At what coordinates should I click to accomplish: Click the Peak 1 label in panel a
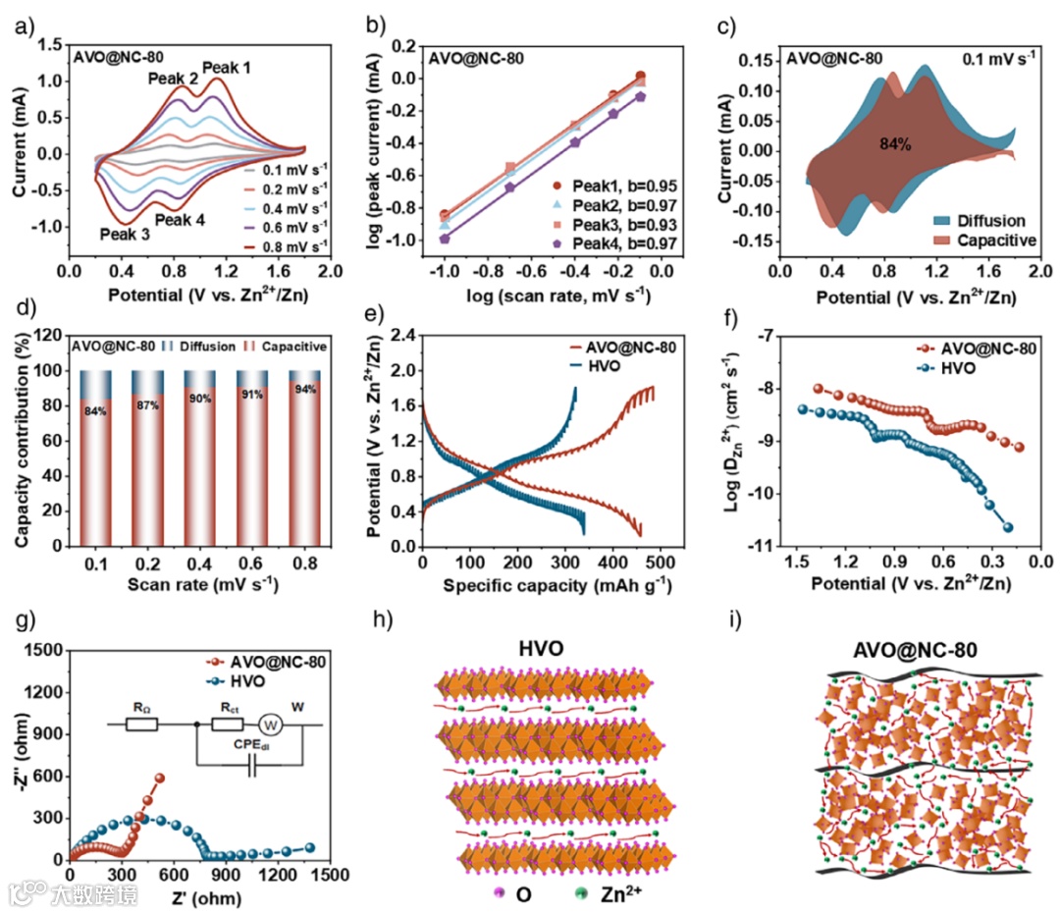pyautogui.click(x=227, y=68)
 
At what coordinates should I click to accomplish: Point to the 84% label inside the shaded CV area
pyautogui.click(x=895, y=143)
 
